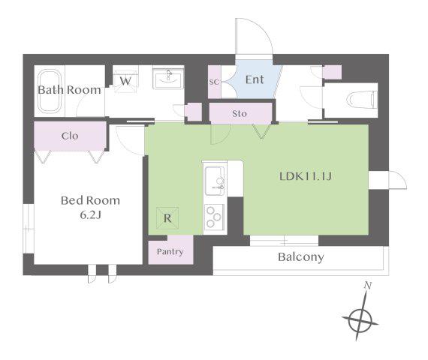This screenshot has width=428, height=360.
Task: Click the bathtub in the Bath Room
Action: (50, 91)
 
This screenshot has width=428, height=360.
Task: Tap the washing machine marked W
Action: (125, 82)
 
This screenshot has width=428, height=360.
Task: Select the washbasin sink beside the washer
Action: (168, 78)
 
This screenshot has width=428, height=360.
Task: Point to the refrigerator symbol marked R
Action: (167, 218)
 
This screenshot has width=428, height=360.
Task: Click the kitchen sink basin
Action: (215, 181)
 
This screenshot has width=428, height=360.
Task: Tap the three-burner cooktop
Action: (214, 217)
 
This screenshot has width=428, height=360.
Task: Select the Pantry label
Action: (170, 251)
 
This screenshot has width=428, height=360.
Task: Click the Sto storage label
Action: (240, 113)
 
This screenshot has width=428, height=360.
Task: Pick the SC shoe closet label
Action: (214, 82)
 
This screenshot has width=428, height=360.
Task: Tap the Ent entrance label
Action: (255, 79)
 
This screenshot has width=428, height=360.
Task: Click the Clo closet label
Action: (70, 136)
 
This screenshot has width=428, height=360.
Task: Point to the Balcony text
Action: (301, 257)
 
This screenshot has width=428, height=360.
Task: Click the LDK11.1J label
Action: (306, 176)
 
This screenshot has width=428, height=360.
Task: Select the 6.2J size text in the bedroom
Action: (90, 215)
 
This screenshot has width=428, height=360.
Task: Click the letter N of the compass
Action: (368, 286)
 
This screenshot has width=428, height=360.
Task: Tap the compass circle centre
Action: (360, 321)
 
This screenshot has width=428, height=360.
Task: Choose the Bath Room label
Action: (69, 90)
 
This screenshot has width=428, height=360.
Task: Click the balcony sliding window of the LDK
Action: (284, 241)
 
